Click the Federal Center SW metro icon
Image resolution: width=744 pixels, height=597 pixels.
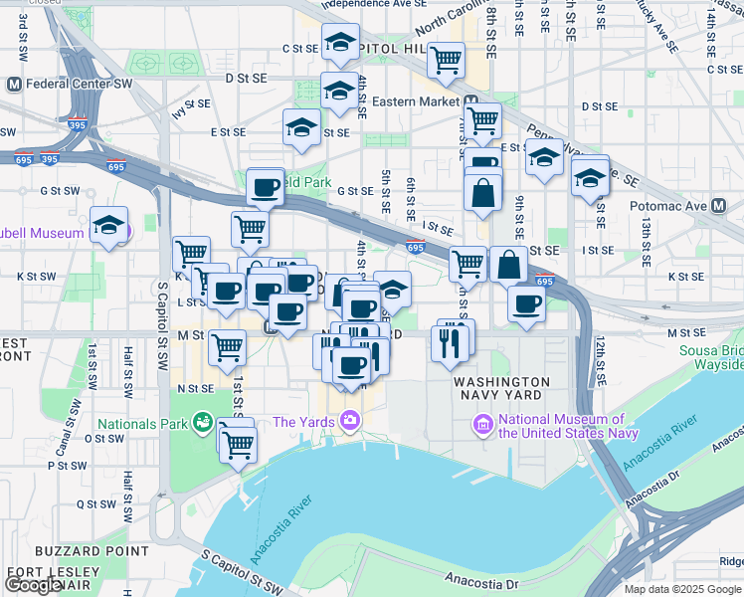tap(14, 85)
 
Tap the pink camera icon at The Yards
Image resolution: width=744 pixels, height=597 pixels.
tap(349, 422)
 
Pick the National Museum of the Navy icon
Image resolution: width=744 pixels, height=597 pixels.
tap(483, 425)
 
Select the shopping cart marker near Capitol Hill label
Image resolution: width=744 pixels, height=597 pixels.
tap(447, 60)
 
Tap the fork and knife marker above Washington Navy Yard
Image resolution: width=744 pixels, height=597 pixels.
tap(452, 340)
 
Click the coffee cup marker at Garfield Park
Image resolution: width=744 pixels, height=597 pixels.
tap(265, 186)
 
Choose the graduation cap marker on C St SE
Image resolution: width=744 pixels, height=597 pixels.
tap(340, 43)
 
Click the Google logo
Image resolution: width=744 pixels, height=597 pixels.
tap(34, 584)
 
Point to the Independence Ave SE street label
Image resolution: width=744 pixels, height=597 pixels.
tap(365, 5)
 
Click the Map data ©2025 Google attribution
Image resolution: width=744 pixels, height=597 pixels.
tap(683, 589)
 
